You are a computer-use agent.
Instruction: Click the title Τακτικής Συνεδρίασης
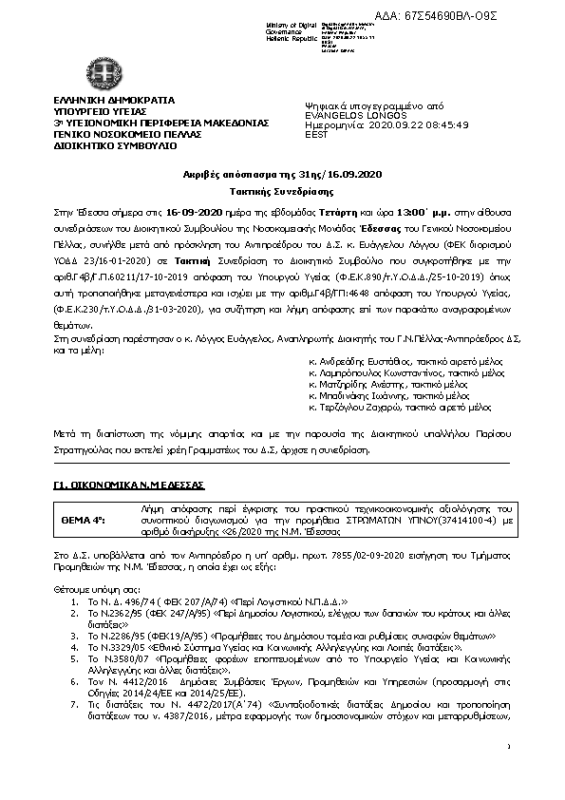point(282,190)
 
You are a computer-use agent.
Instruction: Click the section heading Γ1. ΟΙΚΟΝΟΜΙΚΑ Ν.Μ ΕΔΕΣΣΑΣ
point(119,485)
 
